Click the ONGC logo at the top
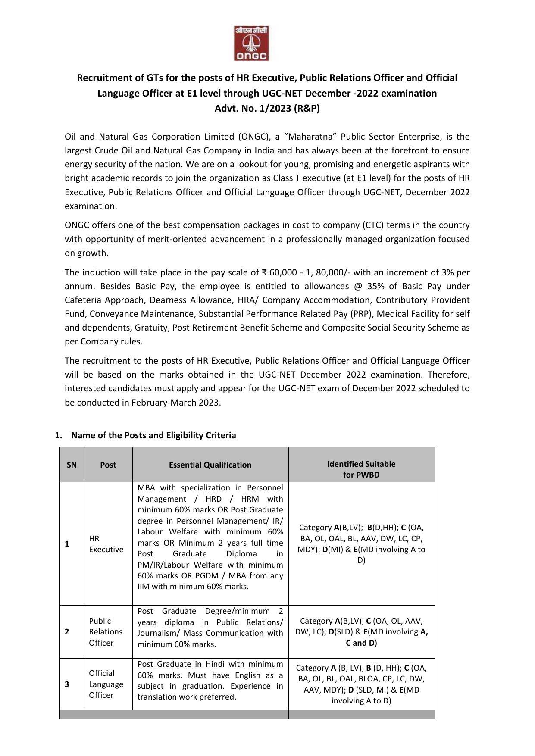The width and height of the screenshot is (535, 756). coord(251,43)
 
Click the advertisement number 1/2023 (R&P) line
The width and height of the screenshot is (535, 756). coord(267,108)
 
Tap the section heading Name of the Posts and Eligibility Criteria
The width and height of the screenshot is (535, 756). coord(153,435)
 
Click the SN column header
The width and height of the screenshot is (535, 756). coord(72,465)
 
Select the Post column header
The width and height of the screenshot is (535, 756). coord(108,465)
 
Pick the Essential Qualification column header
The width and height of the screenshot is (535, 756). coord(210,465)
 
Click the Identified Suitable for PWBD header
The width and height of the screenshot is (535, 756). coord(361,469)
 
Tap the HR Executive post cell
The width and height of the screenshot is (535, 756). coord(106,544)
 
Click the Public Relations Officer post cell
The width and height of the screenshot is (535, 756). coord(106,632)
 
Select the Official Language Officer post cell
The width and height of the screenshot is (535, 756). coord(106,684)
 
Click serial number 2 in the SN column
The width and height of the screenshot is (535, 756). coord(67,632)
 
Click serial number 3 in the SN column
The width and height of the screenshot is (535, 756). coord(67,684)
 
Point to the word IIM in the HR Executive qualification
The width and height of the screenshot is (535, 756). coord(144,587)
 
